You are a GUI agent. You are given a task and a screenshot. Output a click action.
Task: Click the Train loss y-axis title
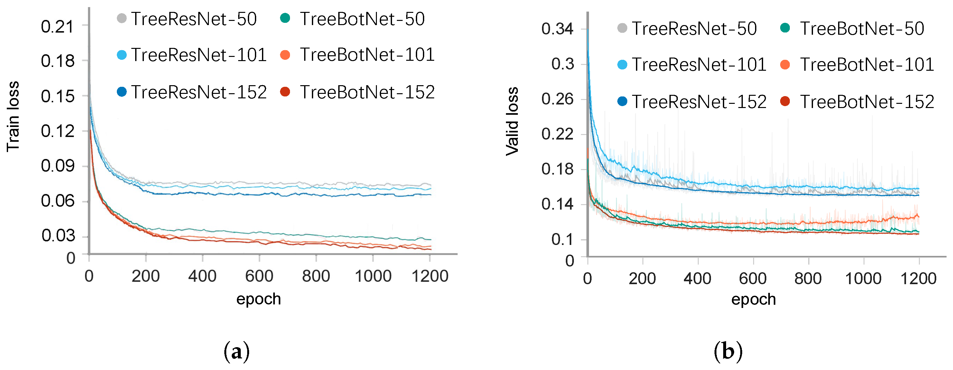point(13,117)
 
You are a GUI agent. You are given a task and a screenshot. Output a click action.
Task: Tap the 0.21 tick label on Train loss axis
point(57,27)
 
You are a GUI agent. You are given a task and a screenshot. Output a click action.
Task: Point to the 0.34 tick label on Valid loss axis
point(557,29)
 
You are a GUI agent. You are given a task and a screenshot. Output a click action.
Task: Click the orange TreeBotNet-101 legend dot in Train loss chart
point(285,55)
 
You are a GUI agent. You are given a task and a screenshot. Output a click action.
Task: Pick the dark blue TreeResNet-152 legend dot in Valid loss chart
point(622,101)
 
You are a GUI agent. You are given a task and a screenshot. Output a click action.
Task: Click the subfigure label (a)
point(237,351)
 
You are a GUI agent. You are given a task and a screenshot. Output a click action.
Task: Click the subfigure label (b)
point(728,351)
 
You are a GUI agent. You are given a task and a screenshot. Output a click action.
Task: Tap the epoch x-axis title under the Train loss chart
point(258,299)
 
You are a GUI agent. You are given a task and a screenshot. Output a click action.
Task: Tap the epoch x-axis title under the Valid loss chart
point(753,299)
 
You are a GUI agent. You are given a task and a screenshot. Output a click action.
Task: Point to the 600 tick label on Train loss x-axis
point(259,276)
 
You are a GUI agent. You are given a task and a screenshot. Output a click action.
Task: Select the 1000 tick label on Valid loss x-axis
point(863,278)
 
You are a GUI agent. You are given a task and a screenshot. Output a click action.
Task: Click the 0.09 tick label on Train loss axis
point(57,166)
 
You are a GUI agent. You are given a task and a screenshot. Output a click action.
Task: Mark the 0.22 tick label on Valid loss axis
point(557,134)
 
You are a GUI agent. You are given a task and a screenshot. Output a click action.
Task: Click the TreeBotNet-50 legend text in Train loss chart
point(362,19)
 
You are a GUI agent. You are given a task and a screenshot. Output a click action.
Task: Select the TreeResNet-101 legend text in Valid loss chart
point(699,65)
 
